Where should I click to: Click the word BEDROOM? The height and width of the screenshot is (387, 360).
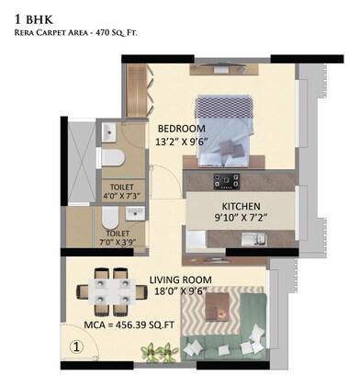coord(181,128)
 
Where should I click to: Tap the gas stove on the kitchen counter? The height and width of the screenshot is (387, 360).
coord(226,179)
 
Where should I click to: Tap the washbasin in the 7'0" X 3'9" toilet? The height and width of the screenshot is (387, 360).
coord(135,215)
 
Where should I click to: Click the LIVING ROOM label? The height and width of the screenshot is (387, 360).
coord(181,279)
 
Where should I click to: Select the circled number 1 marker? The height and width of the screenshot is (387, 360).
coord(77,347)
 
